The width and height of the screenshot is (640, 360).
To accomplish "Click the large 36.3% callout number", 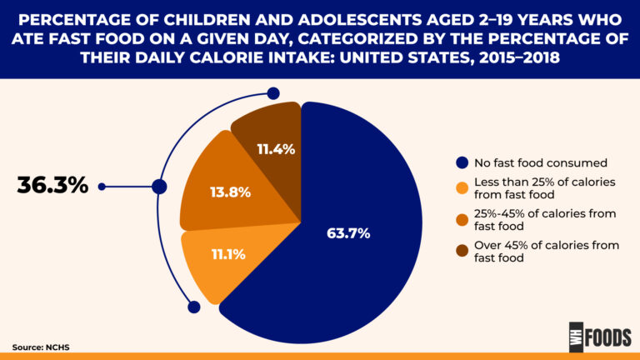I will coord(52,186).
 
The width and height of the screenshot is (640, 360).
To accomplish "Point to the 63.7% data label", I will coord(347,232).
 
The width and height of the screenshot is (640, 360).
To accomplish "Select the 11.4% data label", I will coord(276,149).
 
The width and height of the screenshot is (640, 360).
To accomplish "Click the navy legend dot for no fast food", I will coord(461,162).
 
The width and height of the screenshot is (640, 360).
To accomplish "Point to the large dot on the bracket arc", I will coord(159,187).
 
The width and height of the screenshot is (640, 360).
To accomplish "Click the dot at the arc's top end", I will coord(272,95).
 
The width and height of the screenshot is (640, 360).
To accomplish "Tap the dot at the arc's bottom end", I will coord(194,307).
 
